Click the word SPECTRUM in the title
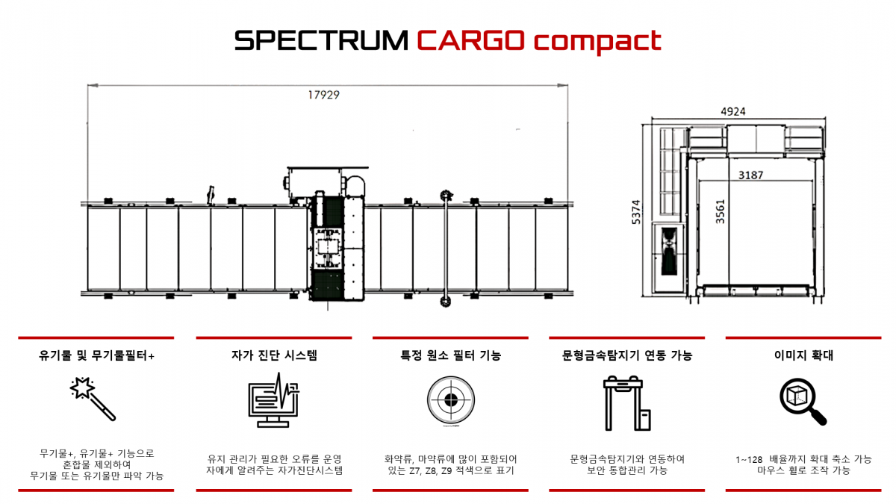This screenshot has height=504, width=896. [321, 40]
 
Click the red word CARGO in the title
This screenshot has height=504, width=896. [470, 40]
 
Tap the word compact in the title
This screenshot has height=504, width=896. [597, 42]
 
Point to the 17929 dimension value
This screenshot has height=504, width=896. [323, 95]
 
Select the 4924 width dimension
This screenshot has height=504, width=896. [733, 111]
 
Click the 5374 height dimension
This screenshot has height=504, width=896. [636, 211]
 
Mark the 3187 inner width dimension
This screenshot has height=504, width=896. [751, 175]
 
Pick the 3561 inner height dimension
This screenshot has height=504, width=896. [720, 211]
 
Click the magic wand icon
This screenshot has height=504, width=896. [93, 399]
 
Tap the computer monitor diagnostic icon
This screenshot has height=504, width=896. [273, 400]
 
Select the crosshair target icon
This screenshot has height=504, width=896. [451, 399]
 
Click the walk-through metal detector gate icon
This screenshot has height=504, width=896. [626, 403]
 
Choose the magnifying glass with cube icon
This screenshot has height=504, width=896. [803, 402]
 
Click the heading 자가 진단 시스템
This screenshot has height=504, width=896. [274, 355]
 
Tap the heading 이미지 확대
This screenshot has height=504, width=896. [803, 355]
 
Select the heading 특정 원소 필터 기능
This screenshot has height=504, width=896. [451, 355]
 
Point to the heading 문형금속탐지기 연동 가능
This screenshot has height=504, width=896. [627, 355]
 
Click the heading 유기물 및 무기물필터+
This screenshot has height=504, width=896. [96, 355]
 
